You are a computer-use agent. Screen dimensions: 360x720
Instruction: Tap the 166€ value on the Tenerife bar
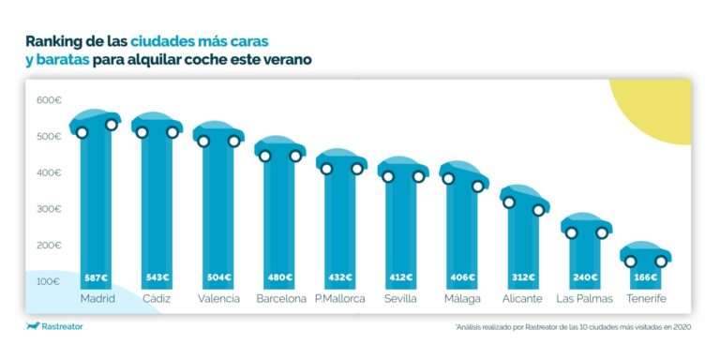coord(645,277)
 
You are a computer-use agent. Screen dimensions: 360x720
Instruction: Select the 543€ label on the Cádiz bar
coord(157,277)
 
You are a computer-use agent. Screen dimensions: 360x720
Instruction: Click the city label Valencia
coord(218,299)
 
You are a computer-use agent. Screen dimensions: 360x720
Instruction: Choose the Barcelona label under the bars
coord(280,299)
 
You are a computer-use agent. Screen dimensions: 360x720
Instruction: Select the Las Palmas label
coord(584,299)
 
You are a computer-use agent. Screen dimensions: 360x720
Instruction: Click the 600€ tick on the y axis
coord(49,100)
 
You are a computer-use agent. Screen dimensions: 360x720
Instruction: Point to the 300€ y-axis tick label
coord(49,209)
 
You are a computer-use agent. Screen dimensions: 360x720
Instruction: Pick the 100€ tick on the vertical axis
coord(49,281)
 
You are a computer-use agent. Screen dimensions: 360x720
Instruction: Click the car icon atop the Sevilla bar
coord(402,170)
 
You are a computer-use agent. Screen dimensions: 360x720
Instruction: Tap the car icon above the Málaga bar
coord(463,174)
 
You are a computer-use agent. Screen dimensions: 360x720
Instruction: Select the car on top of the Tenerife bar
coord(645,254)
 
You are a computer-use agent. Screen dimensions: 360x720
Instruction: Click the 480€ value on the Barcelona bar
coord(280,277)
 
